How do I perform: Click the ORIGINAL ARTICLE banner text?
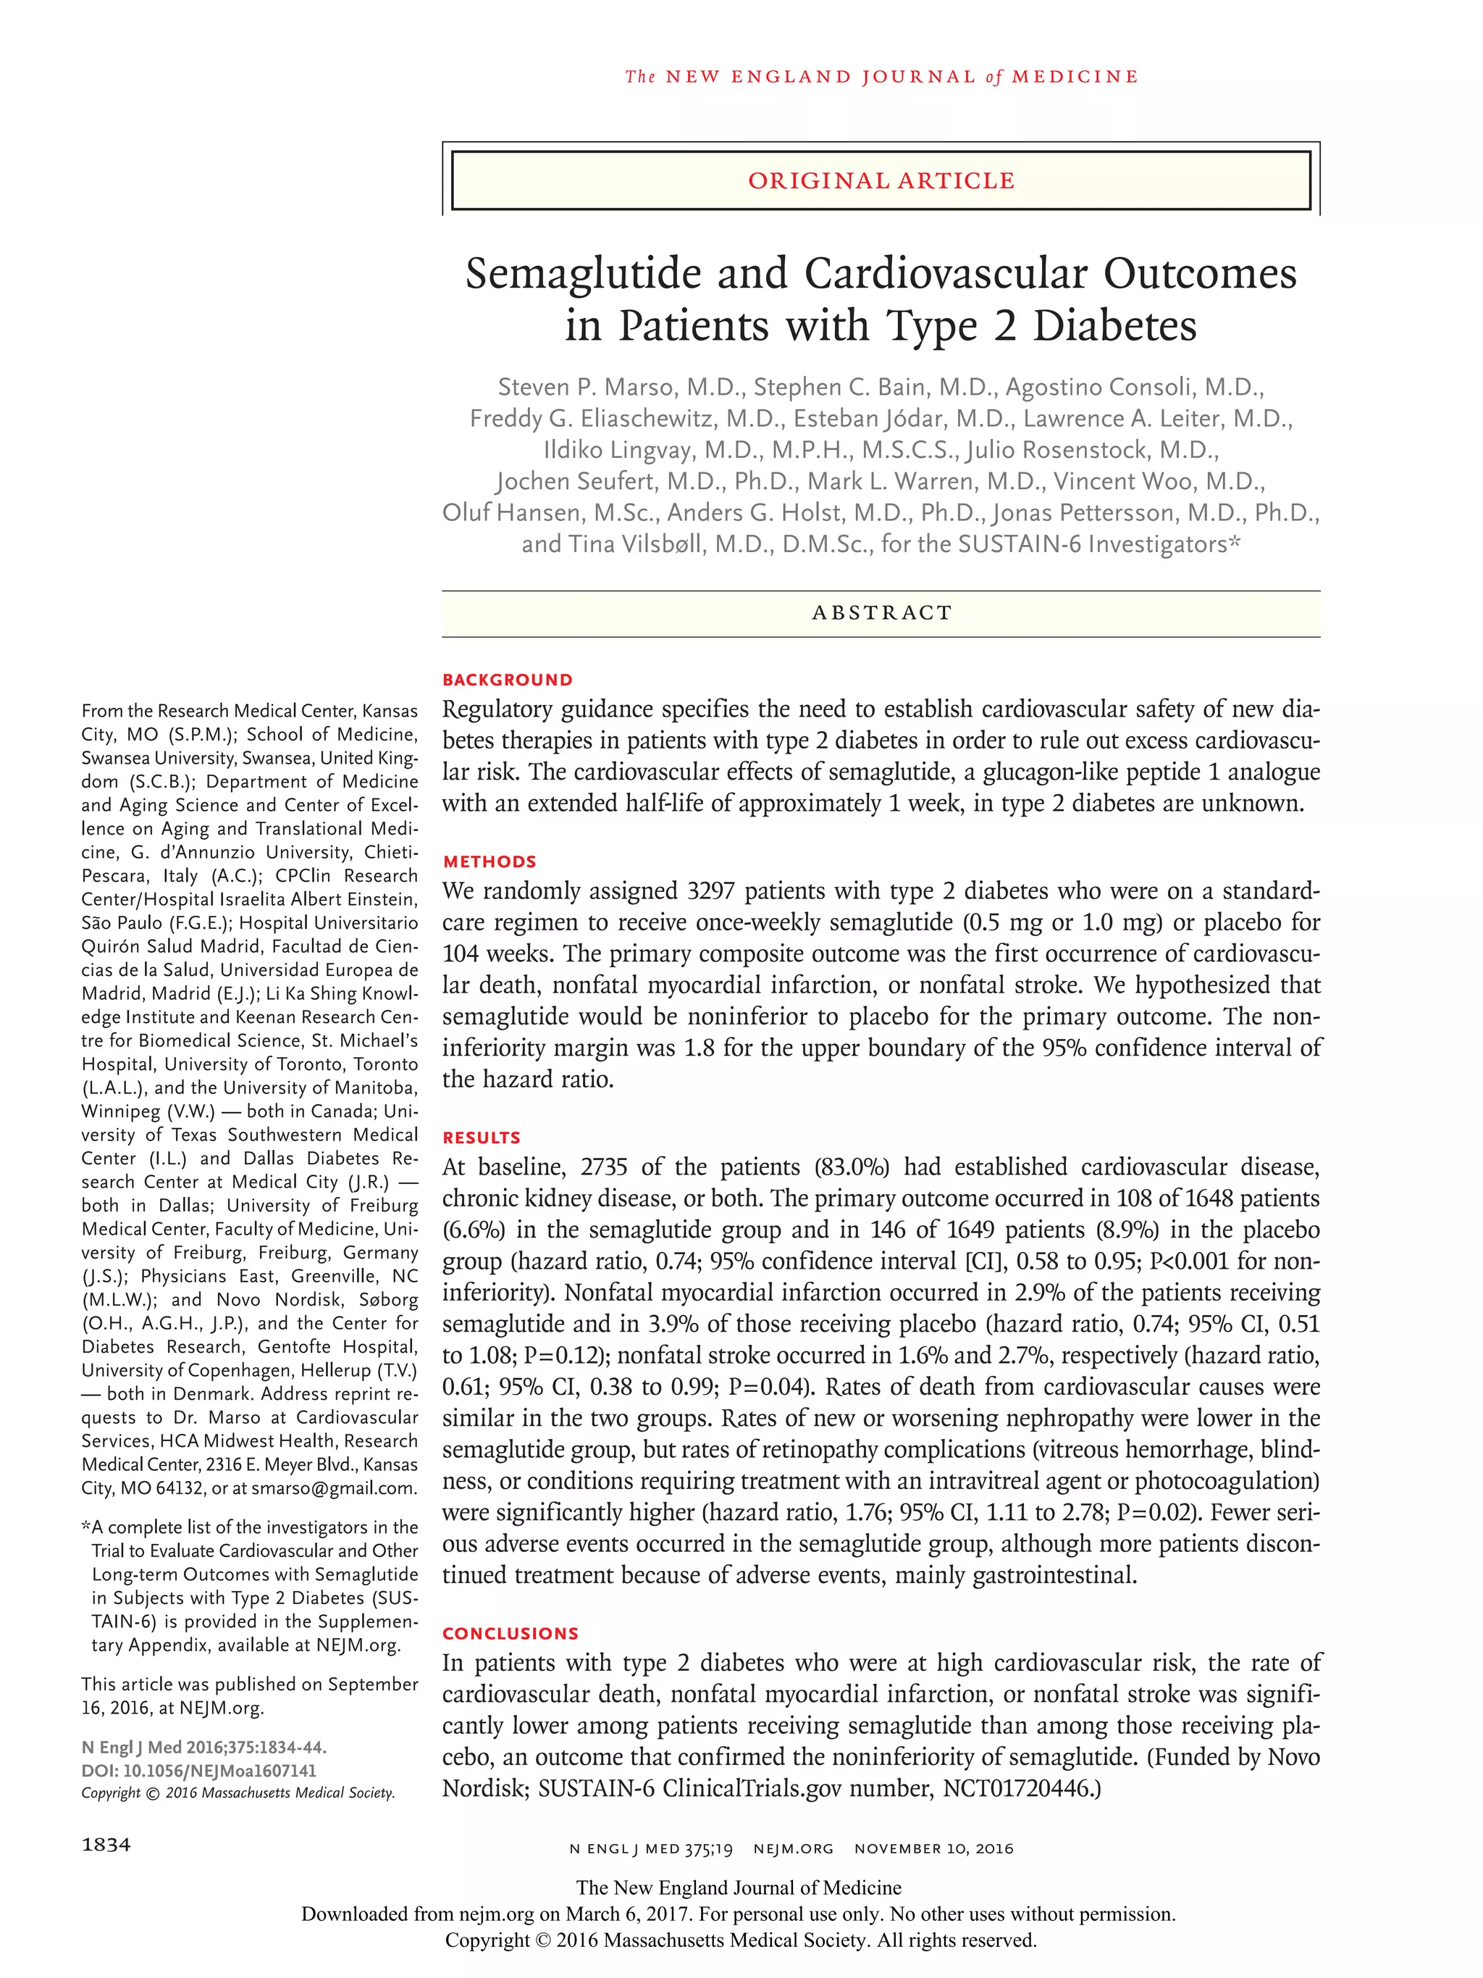click(881, 180)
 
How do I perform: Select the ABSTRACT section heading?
click(881, 612)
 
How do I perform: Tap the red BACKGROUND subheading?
click(507, 680)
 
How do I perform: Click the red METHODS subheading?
click(489, 861)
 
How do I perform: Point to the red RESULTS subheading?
click(481, 1138)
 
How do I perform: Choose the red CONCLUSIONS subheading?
click(511, 1633)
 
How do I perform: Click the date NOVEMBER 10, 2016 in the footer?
click(933, 1848)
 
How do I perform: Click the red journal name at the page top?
click(881, 77)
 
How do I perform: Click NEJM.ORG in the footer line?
click(793, 1848)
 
